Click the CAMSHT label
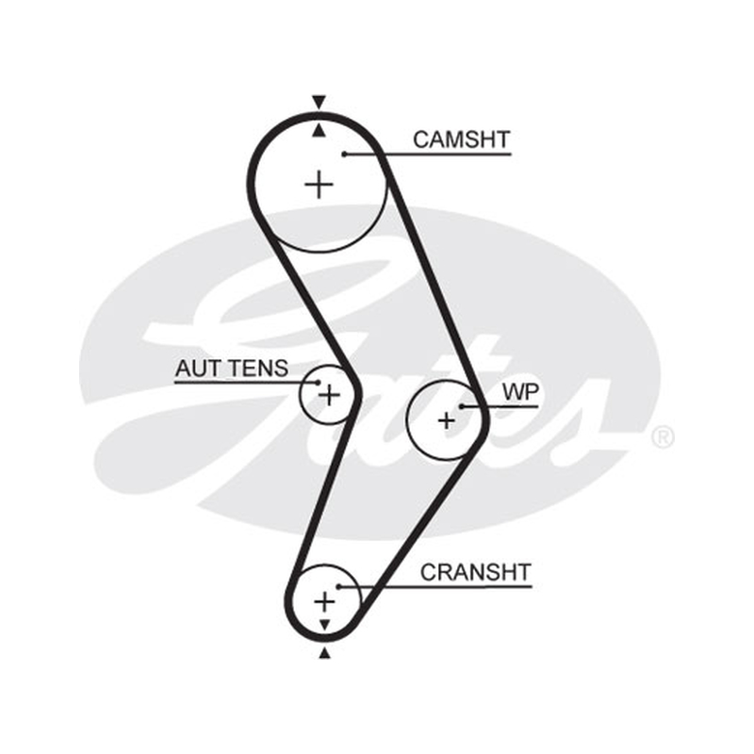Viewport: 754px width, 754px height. pyautogui.click(x=461, y=139)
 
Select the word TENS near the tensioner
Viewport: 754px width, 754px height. pyautogui.click(x=258, y=369)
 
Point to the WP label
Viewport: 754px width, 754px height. pyautogui.click(x=521, y=392)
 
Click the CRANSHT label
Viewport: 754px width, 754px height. pyautogui.click(x=476, y=573)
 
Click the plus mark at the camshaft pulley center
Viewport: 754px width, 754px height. pyautogui.click(x=320, y=184)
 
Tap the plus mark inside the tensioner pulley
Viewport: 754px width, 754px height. pyautogui.click(x=330, y=395)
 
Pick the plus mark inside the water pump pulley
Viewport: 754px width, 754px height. pyautogui.click(x=447, y=420)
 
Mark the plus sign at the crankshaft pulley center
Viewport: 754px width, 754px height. pyautogui.click(x=324, y=601)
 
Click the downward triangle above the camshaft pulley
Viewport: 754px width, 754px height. pyautogui.click(x=319, y=102)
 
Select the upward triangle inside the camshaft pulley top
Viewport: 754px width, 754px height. pyautogui.click(x=319, y=130)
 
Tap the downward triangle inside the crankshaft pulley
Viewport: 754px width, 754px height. pyautogui.click(x=325, y=625)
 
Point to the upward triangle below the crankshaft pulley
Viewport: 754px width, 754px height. pyautogui.click(x=325, y=653)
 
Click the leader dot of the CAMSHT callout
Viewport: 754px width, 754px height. pyautogui.click(x=344, y=154)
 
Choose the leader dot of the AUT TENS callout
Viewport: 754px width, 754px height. pyautogui.click(x=318, y=383)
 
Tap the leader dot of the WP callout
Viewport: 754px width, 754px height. pyautogui.click(x=461, y=407)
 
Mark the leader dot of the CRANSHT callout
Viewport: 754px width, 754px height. pyautogui.click(x=338, y=586)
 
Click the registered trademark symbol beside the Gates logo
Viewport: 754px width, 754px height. pyautogui.click(x=664, y=437)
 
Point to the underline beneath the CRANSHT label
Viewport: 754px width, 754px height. pyautogui.click(x=435, y=586)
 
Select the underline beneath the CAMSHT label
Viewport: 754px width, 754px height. pyautogui.click(x=428, y=155)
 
